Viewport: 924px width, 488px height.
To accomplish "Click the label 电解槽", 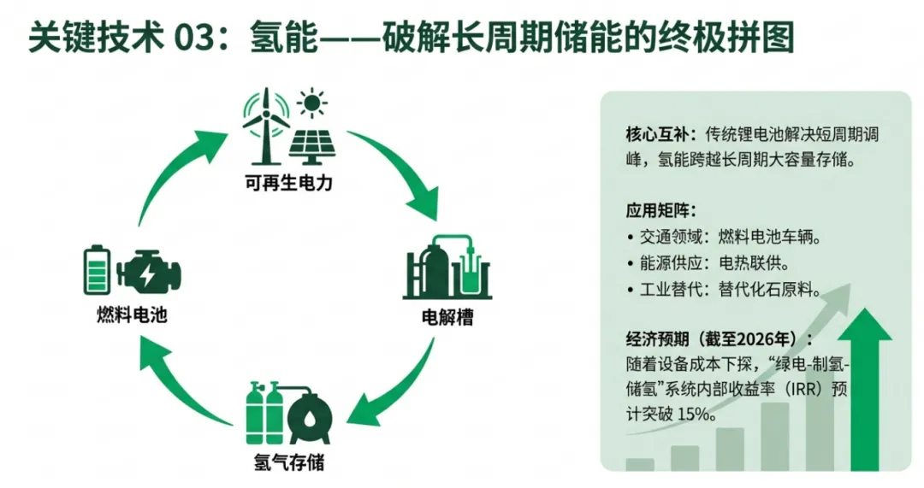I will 447,319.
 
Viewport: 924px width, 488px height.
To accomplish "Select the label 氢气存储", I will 289,463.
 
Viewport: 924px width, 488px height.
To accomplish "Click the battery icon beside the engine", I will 96,269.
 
